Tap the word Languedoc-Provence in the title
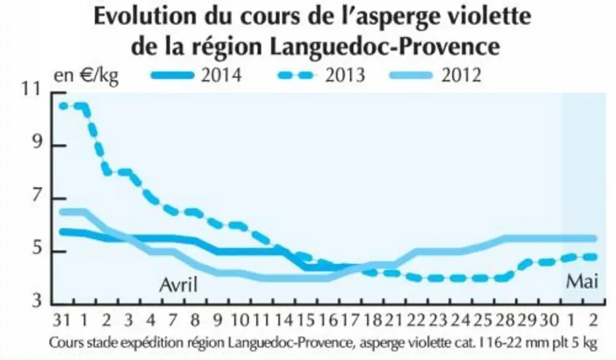pyautogui.click(x=385, y=46)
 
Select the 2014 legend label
pyautogui.click(x=221, y=75)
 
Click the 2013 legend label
pyautogui.click(x=345, y=75)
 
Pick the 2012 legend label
pyautogui.click(x=461, y=75)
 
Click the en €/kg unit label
pyautogui.click(x=86, y=76)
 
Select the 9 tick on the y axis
pyautogui.click(x=36, y=143)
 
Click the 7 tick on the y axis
pyautogui.click(x=36, y=196)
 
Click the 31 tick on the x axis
pyautogui.click(x=62, y=321)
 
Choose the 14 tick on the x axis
pyautogui.click(x=283, y=321)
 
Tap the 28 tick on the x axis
pyautogui.click(x=505, y=321)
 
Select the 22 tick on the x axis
pyautogui.click(x=416, y=321)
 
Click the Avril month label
pyautogui.click(x=178, y=284)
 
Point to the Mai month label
pyautogui.click(x=582, y=282)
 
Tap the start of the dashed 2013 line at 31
pyautogui.click(x=61, y=106)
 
